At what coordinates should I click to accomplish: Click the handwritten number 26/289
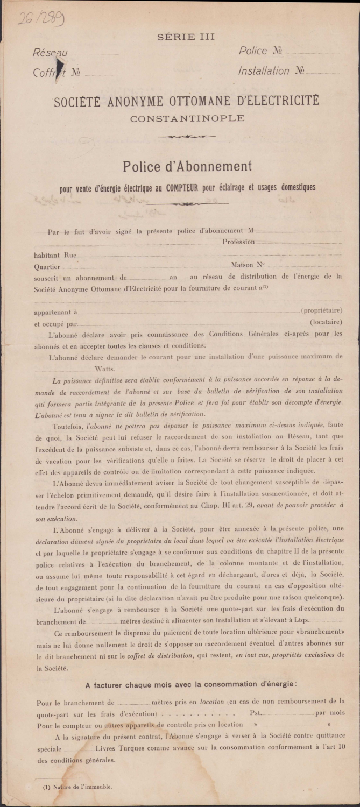(x=40, y=19)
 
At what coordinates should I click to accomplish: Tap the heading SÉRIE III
(x=186, y=37)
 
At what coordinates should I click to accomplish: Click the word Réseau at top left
(x=50, y=53)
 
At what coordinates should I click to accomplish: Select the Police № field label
(x=261, y=51)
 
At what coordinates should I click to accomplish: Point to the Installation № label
(x=272, y=71)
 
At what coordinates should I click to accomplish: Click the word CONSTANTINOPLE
(x=187, y=118)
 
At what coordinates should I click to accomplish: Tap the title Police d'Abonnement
(x=187, y=166)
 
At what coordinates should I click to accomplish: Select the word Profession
(x=238, y=242)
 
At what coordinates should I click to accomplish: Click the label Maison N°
(x=248, y=265)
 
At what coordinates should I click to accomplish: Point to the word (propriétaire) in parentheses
(x=322, y=311)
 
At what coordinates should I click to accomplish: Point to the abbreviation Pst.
(x=256, y=713)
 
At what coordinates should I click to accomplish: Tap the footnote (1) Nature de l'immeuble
(x=78, y=787)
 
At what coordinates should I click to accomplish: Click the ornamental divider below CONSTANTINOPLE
(x=187, y=137)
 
